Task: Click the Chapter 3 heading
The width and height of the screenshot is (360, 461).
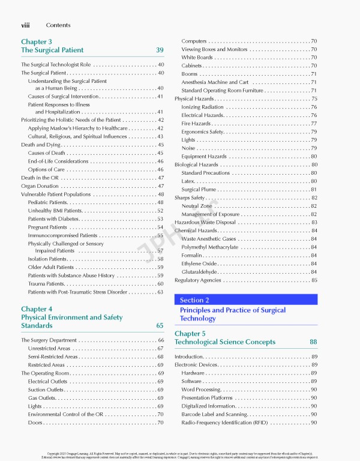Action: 36,41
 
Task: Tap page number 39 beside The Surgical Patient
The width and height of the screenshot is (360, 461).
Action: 160,50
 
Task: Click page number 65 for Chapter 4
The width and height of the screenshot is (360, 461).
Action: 160,326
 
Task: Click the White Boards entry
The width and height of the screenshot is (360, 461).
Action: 197,58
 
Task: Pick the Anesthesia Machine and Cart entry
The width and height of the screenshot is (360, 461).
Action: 215,82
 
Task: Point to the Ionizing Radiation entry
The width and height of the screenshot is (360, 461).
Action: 202,107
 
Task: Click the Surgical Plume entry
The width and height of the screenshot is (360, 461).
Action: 199,190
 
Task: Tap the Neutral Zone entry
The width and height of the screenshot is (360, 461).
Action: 197,206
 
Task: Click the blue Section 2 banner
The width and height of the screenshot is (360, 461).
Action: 245,300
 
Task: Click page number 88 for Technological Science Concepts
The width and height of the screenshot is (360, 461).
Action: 313,342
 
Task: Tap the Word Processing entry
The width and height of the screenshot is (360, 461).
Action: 201,390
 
